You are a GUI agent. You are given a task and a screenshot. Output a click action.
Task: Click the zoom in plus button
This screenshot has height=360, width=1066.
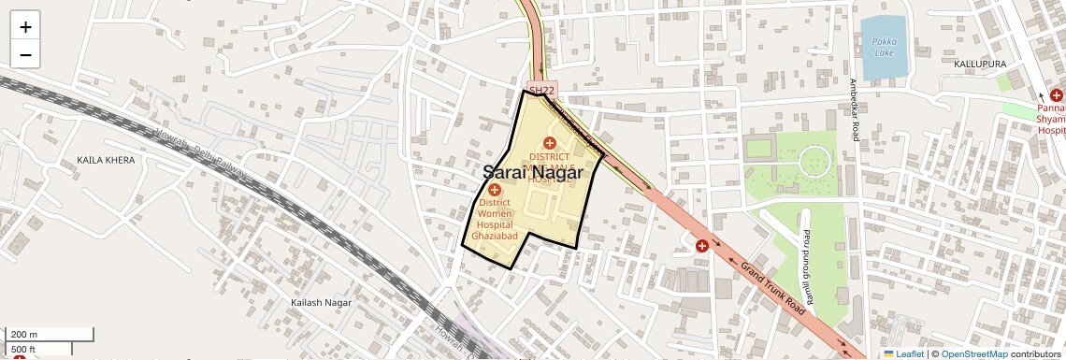point(25,27)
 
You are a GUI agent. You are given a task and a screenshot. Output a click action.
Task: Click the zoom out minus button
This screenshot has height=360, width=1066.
point(25,54)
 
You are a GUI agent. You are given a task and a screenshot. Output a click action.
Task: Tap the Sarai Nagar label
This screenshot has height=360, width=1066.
point(533,172)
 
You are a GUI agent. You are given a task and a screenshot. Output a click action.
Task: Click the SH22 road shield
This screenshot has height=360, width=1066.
point(541,90)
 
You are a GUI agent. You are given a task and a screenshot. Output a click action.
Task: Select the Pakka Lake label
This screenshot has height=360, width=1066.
point(884,47)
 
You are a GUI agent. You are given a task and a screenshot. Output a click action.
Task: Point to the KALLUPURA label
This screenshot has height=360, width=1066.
point(980,64)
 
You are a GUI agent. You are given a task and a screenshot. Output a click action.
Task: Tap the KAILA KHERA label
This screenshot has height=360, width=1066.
point(106,160)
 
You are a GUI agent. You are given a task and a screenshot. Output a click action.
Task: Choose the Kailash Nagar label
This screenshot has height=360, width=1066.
point(320,303)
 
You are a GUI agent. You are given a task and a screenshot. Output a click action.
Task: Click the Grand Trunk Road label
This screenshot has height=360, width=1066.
point(772,287)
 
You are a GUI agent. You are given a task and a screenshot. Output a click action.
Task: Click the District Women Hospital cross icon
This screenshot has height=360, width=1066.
point(495,190)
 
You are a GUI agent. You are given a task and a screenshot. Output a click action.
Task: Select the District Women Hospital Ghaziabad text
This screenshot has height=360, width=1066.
point(495,218)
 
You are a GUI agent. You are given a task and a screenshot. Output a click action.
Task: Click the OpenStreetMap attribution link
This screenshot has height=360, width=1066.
point(974,353)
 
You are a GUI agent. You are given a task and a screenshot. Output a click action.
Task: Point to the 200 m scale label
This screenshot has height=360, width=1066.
point(24,335)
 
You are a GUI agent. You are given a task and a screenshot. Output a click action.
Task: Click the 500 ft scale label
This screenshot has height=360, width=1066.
point(22,349)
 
